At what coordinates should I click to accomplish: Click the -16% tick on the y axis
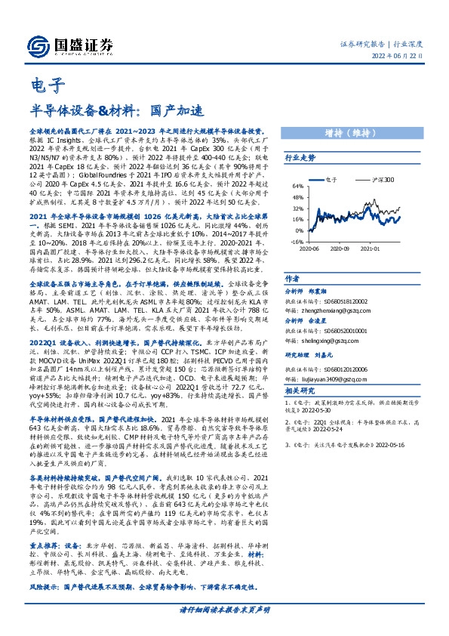(298, 242)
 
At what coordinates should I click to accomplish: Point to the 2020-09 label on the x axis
(340, 247)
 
